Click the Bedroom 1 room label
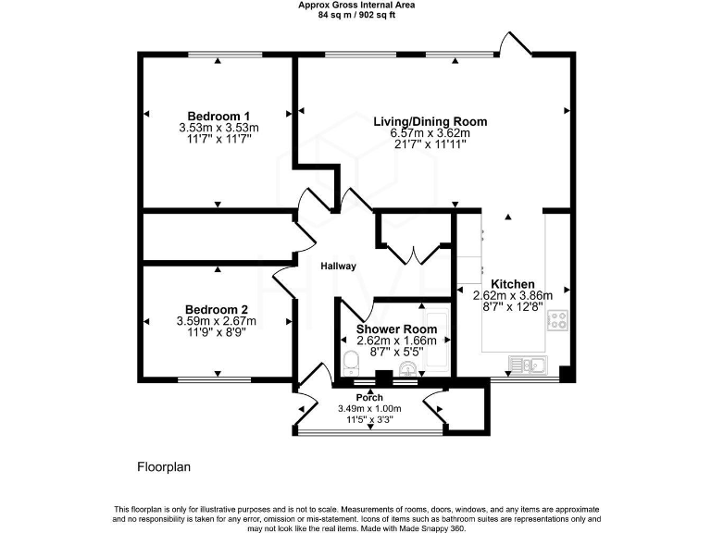click(x=218, y=116)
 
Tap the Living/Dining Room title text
click(x=430, y=121)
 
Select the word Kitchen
click(x=512, y=284)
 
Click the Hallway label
click(x=339, y=266)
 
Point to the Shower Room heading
click(x=396, y=328)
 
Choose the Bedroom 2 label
click(x=216, y=310)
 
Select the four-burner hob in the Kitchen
click(x=558, y=321)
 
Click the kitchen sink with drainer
click(x=533, y=365)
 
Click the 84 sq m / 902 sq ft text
click(x=355, y=15)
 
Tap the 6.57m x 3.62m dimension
click(x=430, y=132)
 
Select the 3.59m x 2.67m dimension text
click(x=216, y=321)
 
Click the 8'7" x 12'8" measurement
click(x=512, y=307)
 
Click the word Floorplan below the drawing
click(x=164, y=467)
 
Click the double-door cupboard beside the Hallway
click(x=408, y=239)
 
